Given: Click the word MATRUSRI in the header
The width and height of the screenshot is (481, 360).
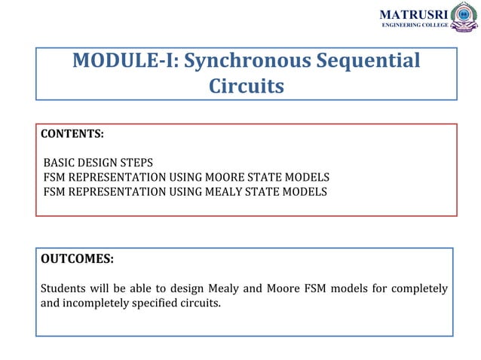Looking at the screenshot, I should [413, 14].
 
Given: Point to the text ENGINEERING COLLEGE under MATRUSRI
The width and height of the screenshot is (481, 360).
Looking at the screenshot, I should [414, 25].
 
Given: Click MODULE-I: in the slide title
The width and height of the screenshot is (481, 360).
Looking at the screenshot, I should [125, 61].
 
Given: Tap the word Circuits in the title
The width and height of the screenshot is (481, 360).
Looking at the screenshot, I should [247, 87].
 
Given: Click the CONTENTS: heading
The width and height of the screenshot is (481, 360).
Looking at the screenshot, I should [72, 134].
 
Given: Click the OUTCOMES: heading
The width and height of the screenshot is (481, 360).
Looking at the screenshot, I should [77, 258].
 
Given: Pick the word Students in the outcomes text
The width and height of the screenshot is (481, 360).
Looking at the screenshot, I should [63, 289].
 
